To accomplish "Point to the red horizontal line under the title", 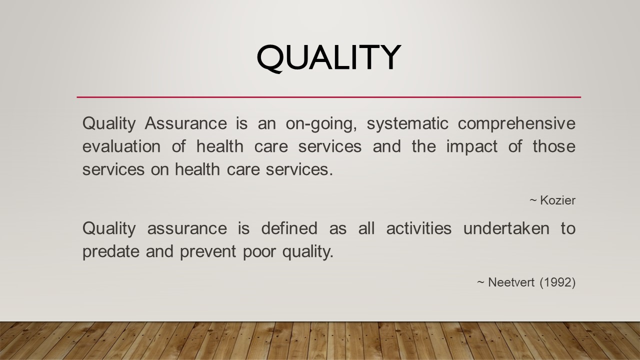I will [x=328, y=97].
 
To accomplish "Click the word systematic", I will [x=407, y=123].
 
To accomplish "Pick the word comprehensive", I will [x=516, y=123].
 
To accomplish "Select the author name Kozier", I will [x=557, y=200].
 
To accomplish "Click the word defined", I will [x=289, y=228].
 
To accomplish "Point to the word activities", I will [x=418, y=228].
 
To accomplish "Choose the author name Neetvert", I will [x=511, y=282].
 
